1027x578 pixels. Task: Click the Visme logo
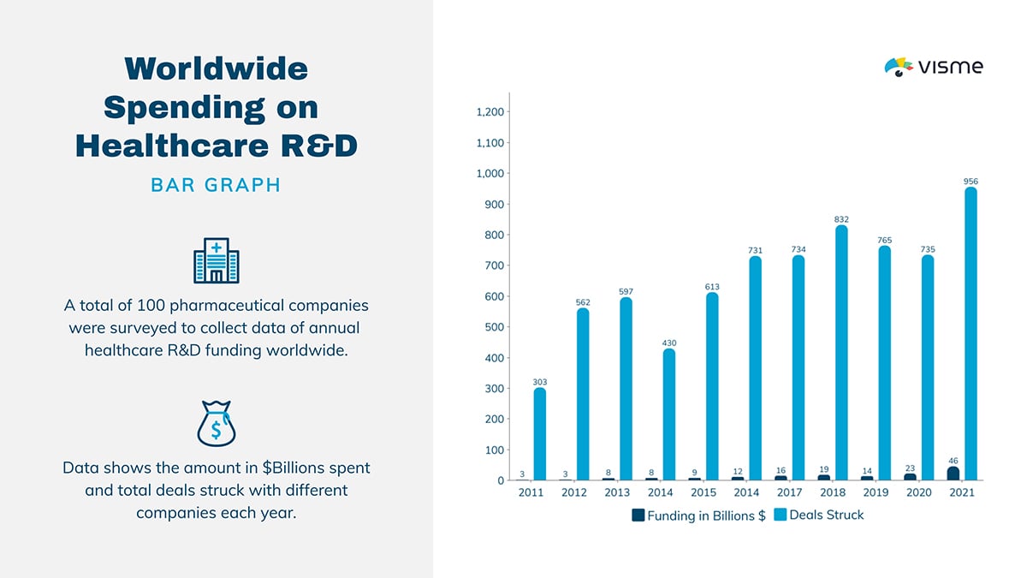click(x=933, y=67)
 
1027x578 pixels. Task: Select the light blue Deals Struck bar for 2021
click(x=971, y=334)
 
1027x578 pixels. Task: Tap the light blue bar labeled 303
click(x=539, y=434)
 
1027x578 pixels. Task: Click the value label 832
click(x=841, y=220)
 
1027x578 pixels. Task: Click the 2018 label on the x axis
click(x=833, y=493)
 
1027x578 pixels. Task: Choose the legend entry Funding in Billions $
click(x=698, y=515)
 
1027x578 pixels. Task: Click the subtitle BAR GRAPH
click(x=216, y=185)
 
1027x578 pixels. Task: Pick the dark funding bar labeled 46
click(x=953, y=474)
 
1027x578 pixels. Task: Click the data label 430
click(x=669, y=343)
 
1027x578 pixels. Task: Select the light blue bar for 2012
click(x=583, y=394)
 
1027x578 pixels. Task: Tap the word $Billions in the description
click(x=260, y=468)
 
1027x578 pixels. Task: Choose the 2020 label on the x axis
click(x=919, y=493)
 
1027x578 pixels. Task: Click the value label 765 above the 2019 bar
click(x=884, y=241)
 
